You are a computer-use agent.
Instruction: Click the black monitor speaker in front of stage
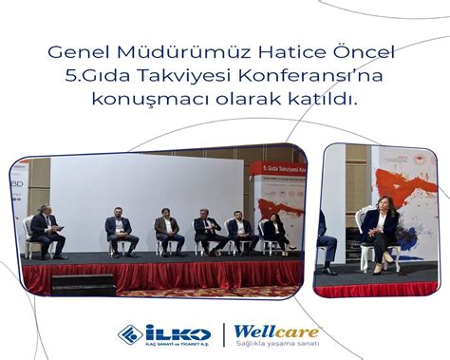[83, 283]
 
